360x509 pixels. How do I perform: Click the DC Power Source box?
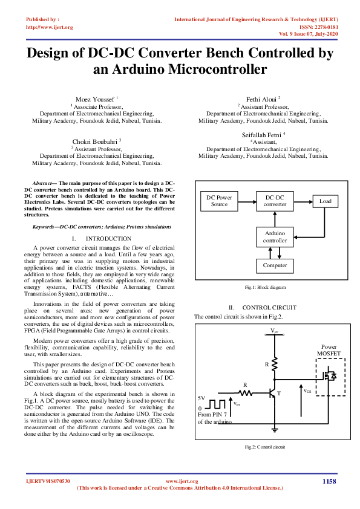click(219, 201)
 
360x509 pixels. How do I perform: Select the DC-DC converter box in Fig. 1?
click(275, 201)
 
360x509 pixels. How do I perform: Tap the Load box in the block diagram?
click(325, 201)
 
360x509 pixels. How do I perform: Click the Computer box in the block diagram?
click(275, 265)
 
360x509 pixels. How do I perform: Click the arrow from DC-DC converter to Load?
click(303, 201)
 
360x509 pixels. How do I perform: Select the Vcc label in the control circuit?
click(275, 331)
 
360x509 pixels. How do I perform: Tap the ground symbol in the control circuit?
click(275, 429)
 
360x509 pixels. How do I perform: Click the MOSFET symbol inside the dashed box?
click(330, 377)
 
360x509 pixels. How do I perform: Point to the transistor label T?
click(279, 394)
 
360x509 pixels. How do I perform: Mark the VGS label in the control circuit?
click(307, 391)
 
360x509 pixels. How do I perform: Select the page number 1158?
click(329, 481)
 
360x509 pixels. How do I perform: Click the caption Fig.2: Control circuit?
click(264, 447)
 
